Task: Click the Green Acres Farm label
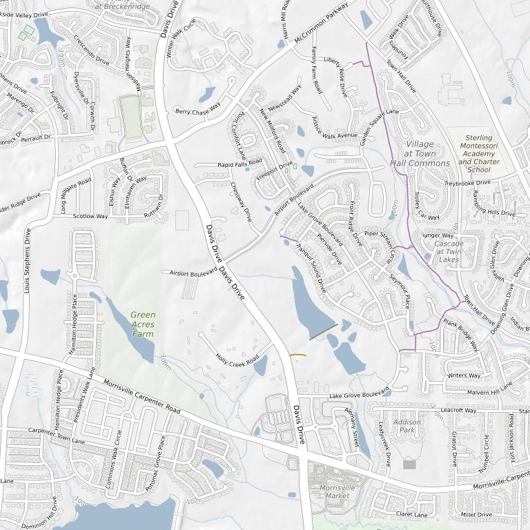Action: tap(143, 324)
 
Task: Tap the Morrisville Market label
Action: tap(335, 492)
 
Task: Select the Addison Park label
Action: tap(407, 426)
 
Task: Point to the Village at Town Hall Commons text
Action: tap(420, 154)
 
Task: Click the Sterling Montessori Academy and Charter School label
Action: tap(478, 153)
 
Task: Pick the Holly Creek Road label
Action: tap(237, 360)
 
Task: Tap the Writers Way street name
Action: tap(464, 375)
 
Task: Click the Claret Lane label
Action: tap(411, 515)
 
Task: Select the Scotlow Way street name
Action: tap(90, 216)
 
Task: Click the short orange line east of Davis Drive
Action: tap(297, 355)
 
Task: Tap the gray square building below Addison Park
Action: tap(409, 464)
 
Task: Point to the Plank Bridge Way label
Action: tap(460, 334)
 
